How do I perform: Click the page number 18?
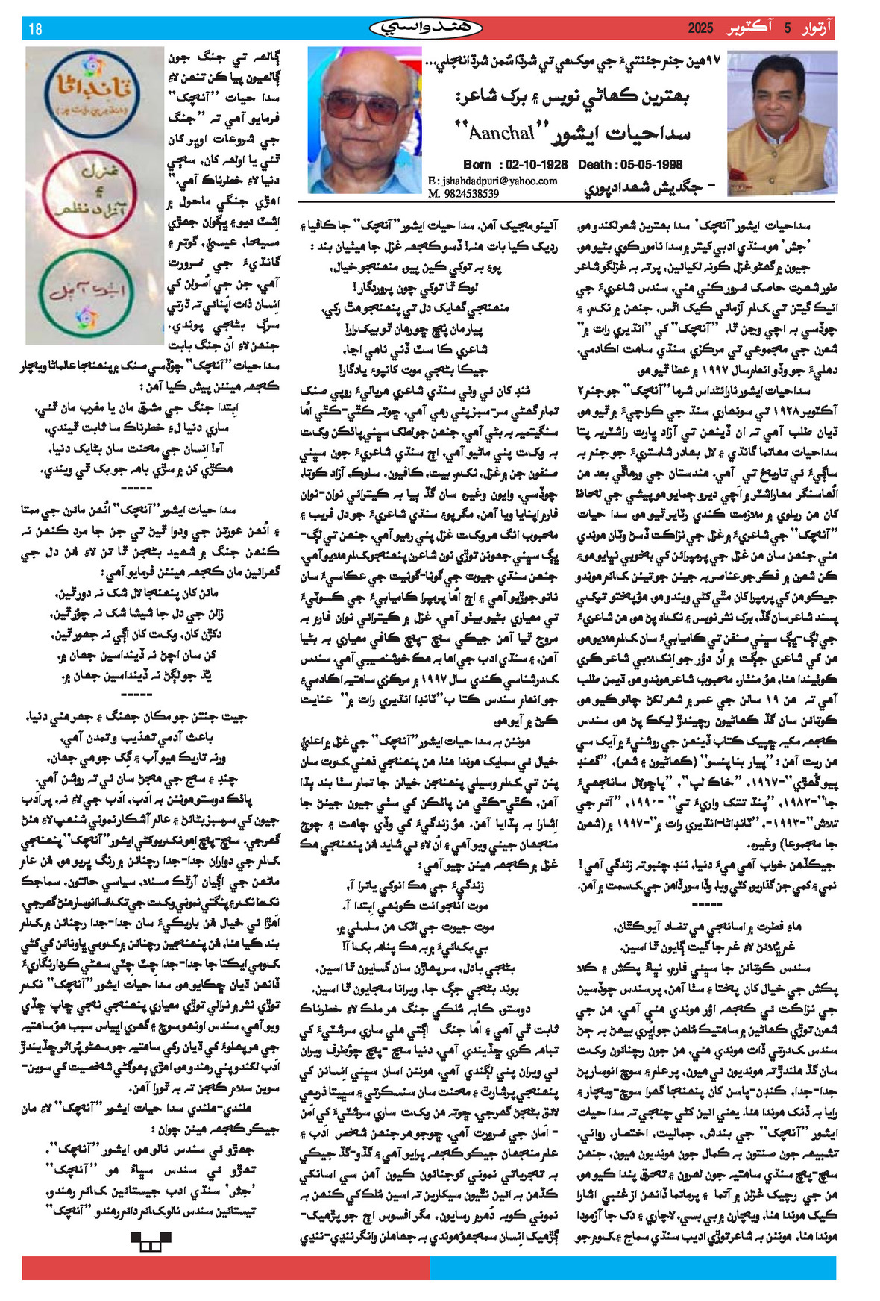pyautogui.click(x=35, y=29)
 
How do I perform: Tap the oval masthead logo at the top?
pyautogui.click(x=426, y=28)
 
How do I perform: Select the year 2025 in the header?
pyautogui.click(x=700, y=29)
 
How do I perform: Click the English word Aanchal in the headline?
pyautogui.click(x=502, y=133)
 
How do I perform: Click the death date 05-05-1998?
pyautogui.click(x=651, y=164)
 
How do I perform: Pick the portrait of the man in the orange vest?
pyautogui.click(x=781, y=122)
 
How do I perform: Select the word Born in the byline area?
pyautogui.click(x=477, y=164)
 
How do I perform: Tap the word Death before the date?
pyautogui.click(x=595, y=164)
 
